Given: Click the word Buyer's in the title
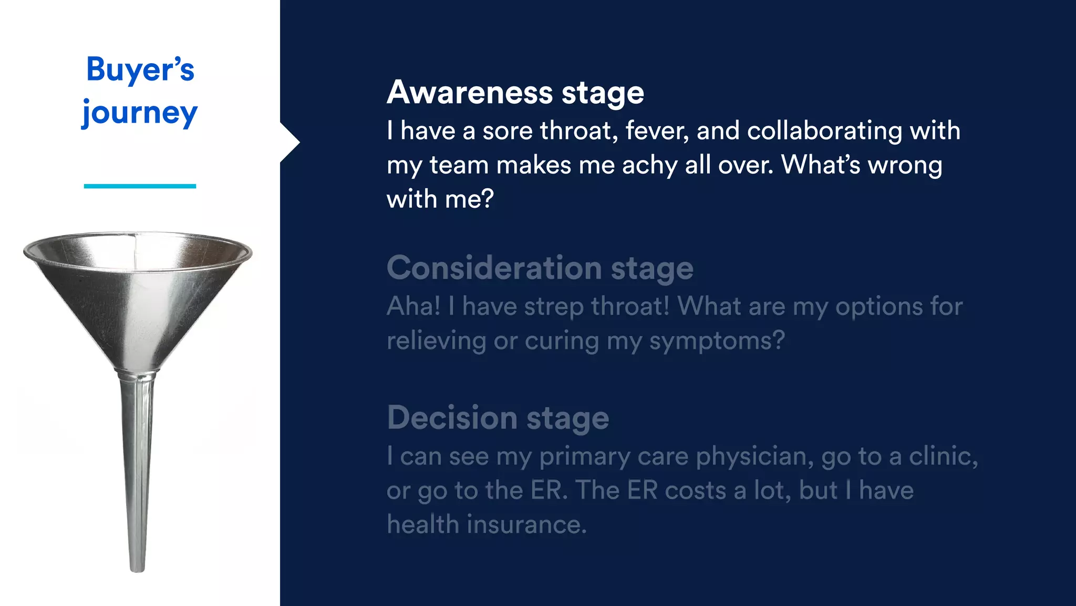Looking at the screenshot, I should (140, 69).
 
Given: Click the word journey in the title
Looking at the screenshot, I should (140, 113).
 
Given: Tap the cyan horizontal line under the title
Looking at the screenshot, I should (140, 186).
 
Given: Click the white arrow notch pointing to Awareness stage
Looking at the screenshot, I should (289, 142).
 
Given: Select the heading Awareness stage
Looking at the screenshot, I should (515, 93).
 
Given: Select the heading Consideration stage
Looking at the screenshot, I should (540, 268).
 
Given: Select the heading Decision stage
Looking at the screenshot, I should (498, 418).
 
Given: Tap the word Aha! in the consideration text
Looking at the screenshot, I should (413, 306).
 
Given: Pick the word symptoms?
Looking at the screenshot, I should (717, 341).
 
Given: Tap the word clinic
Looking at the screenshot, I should (943, 456).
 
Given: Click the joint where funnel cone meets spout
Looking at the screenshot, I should (138, 374).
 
